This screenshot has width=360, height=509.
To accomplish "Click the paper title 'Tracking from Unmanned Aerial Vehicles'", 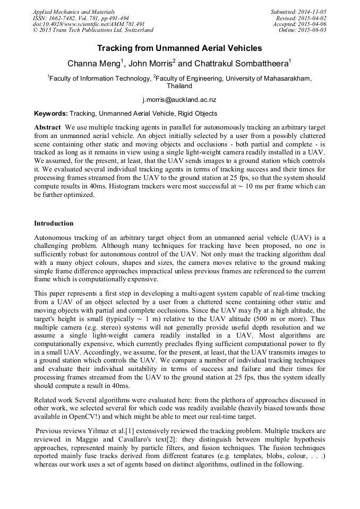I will pyautogui.click(x=179, y=48).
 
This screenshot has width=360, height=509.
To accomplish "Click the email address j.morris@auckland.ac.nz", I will pyautogui.click(x=179, y=99).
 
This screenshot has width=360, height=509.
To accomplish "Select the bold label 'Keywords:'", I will pyautogui.click(x=51, y=114).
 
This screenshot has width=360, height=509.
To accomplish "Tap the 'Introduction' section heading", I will pyautogui.click(x=54, y=223).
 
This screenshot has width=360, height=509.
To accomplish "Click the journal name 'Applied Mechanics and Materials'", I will pyautogui.click(x=74, y=12).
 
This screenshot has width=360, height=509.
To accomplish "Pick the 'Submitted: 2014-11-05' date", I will pyautogui.click(x=298, y=12).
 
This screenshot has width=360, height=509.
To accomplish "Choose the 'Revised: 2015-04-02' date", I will pyautogui.click(x=301, y=18).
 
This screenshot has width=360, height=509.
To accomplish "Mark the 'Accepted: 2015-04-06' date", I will pyautogui.click(x=299, y=24).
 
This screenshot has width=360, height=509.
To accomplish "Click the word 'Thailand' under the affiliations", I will pyautogui.click(x=179, y=86).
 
